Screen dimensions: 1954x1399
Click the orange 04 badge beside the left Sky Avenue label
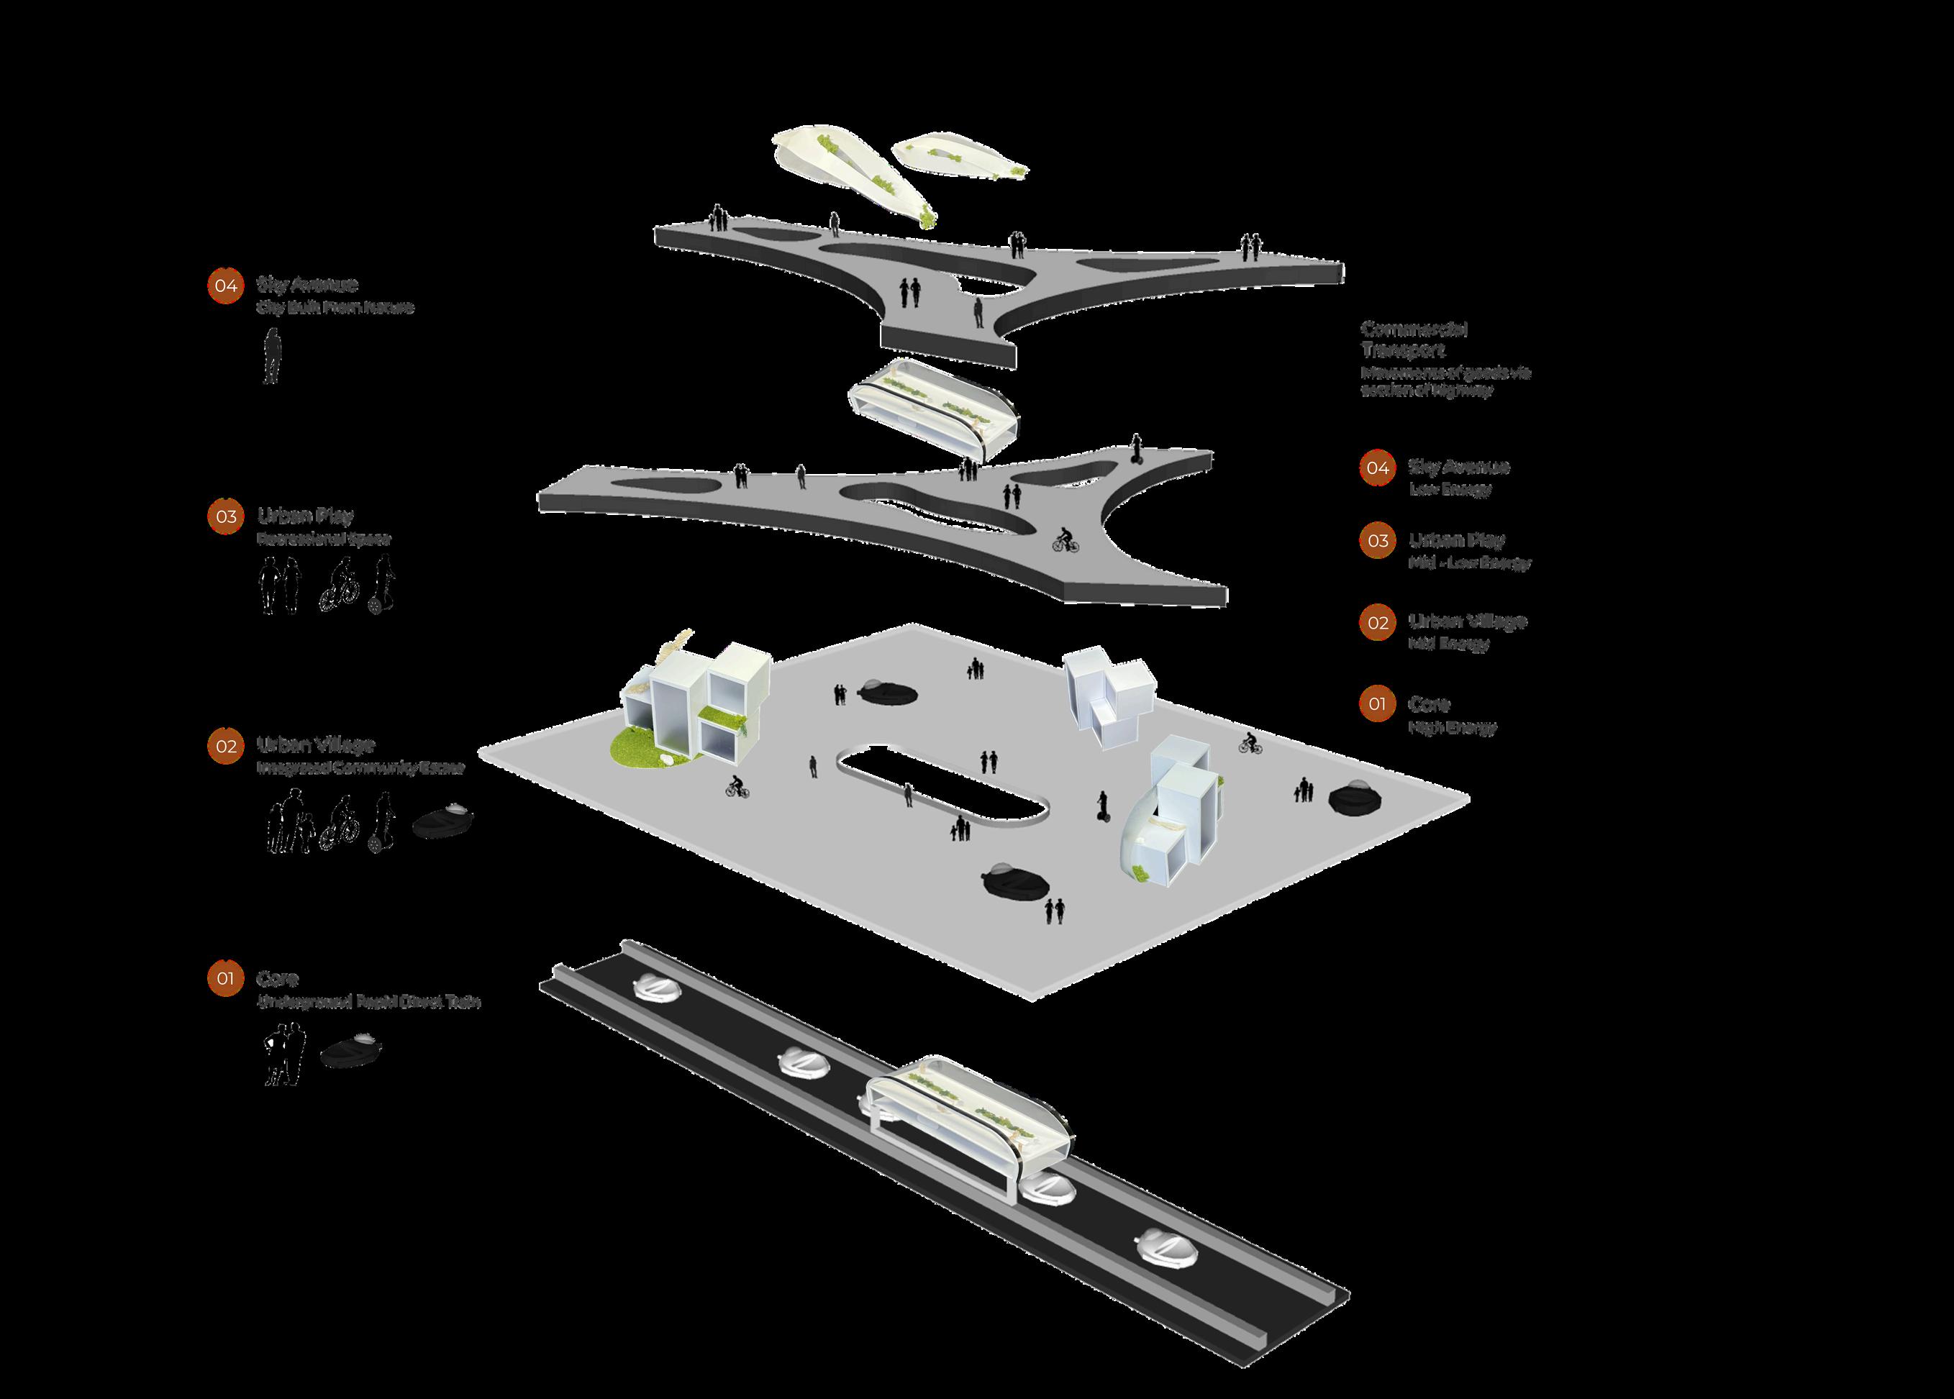(x=226, y=285)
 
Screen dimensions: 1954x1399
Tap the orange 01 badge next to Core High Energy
(x=1377, y=703)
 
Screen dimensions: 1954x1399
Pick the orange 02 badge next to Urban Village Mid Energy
(x=1377, y=622)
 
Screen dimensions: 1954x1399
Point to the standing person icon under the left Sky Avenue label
(x=271, y=355)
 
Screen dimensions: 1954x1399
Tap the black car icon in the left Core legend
(x=350, y=1051)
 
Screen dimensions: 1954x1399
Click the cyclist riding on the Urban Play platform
(x=1065, y=540)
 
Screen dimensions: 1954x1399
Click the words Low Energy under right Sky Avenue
(x=1450, y=489)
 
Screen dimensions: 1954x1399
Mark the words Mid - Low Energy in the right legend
(x=1469, y=563)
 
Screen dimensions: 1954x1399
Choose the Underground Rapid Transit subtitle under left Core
(x=368, y=1002)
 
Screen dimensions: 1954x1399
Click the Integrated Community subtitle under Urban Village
(x=360, y=767)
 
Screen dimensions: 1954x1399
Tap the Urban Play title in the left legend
(x=305, y=516)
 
